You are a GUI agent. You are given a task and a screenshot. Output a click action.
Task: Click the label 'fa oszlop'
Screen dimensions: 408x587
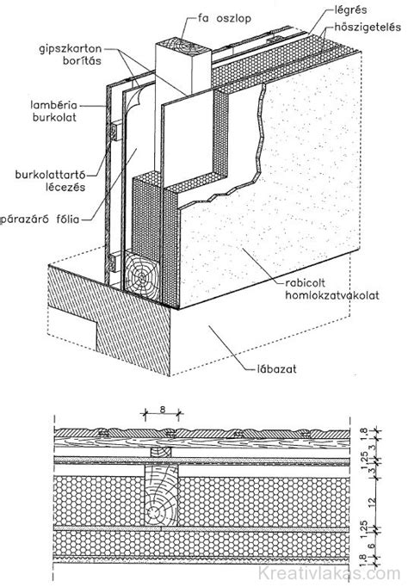225,18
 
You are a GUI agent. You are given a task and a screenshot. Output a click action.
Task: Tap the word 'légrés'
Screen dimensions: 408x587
350,10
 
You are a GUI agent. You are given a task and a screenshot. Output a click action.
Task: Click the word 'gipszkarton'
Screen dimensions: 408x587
71,49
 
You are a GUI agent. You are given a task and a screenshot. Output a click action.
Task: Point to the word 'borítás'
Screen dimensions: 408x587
83,60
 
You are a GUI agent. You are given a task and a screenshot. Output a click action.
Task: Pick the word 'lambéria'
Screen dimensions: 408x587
53,105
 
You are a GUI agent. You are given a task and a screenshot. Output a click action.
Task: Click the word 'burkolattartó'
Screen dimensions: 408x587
51,175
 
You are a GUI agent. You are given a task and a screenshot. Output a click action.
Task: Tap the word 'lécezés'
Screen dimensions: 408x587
65,187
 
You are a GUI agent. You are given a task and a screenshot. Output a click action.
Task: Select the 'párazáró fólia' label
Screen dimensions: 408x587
40,219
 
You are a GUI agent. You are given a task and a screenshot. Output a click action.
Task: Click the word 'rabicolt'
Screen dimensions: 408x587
304,283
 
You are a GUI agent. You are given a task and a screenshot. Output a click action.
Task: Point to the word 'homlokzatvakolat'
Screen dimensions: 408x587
332,296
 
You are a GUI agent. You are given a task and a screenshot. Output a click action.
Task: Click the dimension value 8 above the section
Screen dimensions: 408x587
163,409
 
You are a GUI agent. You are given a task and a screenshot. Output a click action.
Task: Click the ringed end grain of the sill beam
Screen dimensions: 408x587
141,277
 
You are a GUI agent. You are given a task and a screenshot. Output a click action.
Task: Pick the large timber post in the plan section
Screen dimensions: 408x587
162,501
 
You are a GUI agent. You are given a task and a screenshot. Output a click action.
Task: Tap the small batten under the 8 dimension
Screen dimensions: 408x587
161,452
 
